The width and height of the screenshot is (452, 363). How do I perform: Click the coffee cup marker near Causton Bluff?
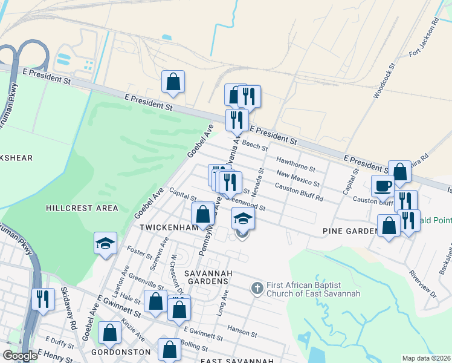(x=382, y=186)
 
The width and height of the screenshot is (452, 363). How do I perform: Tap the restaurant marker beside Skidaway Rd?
(x=42, y=299)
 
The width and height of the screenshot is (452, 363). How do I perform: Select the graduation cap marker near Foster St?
(x=105, y=244)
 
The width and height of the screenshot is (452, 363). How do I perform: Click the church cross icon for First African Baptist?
(x=256, y=288)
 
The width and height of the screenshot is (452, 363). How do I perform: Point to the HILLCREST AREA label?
(x=82, y=208)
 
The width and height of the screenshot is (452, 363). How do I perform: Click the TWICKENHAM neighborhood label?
(x=169, y=227)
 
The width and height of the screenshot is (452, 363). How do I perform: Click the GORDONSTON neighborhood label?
(x=120, y=352)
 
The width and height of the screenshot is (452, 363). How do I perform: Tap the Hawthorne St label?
(x=296, y=163)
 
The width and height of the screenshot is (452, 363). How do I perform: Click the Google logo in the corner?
(x=20, y=356)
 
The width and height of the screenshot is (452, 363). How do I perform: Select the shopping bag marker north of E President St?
(x=173, y=81)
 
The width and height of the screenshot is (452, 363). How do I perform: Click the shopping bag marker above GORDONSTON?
(x=109, y=333)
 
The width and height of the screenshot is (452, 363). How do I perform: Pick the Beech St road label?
(x=254, y=145)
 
